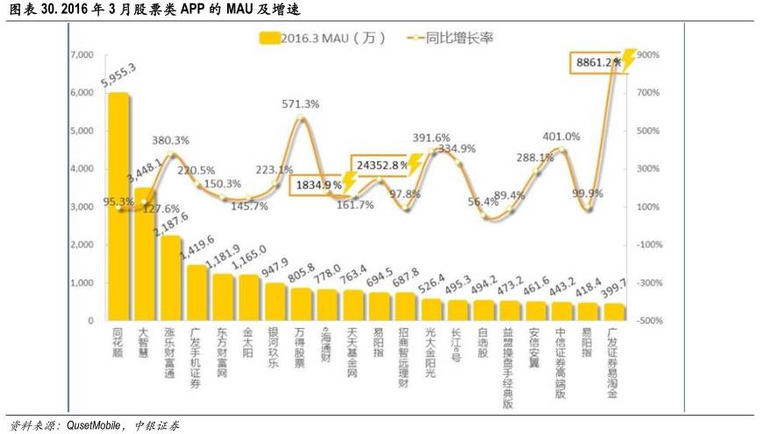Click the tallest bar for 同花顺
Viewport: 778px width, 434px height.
click(x=118, y=207)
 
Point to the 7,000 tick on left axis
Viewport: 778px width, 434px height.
click(x=80, y=55)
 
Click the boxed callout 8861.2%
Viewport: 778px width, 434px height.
click(x=596, y=62)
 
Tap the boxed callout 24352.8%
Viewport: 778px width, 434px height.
click(x=381, y=164)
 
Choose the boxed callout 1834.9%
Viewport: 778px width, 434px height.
click(x=317, y=185)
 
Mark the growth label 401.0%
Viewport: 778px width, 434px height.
click(x=560, y=136)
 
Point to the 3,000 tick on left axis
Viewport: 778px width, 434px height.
click(x=80, y=207)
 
